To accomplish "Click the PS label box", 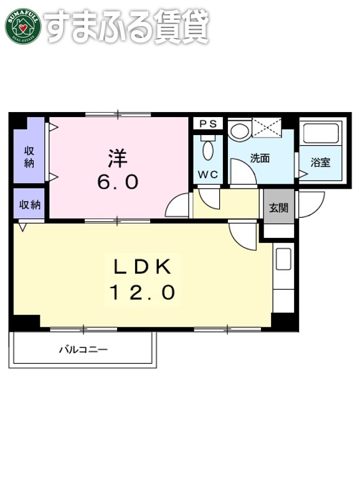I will (x=208, y=124).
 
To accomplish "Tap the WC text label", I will (x=207, y=175).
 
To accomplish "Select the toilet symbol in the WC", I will (x=208, y=149).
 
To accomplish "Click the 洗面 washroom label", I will (x=260, y=158).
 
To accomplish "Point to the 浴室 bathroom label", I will (x=320, y=163).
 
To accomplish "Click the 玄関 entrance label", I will (x=278, y=208).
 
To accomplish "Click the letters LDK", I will (x=142, y=267).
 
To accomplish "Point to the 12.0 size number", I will (x=142, y=292).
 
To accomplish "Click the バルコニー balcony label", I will (x=83, y=350).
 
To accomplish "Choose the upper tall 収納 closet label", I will (x=29, y=156).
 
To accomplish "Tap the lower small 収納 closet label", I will (x=29, y=204).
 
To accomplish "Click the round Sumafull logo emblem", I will (x=23, y=27).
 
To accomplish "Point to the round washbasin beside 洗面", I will (x=238, y=131).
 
